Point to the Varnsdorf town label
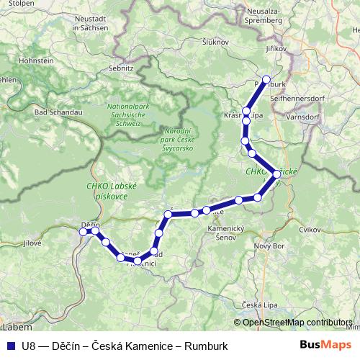click(x=307, y=115)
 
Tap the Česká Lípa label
click(x=260, y=304)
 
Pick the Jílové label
click(x=33, y=243)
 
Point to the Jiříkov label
click(x=276, y=49)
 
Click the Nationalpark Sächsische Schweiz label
click(x=127, y=114)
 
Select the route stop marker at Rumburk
click(x=266, y=79)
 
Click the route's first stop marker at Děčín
click(x=82, y=231)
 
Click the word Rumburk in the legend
click(x=205, y=346)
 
